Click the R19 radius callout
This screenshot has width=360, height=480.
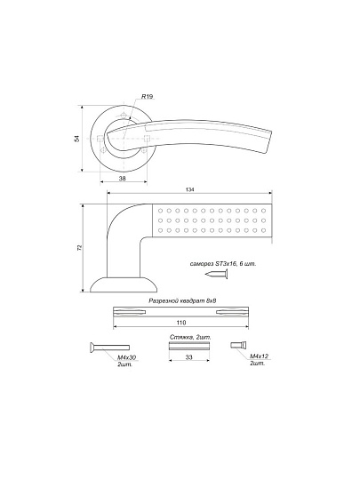[147, 97]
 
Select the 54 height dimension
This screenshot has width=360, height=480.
[76, 139]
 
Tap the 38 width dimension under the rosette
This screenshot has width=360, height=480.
[122, 179]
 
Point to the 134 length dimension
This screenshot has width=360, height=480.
[190, 190]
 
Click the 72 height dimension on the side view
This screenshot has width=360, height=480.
[80, 248]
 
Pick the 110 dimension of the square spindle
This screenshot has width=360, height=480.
[181, 323]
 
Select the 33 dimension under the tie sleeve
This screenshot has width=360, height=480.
[189, 357]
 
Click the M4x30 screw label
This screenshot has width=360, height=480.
[127, 357]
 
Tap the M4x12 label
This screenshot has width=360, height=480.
[259, 356]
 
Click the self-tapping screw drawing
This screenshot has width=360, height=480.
[216, 274]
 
